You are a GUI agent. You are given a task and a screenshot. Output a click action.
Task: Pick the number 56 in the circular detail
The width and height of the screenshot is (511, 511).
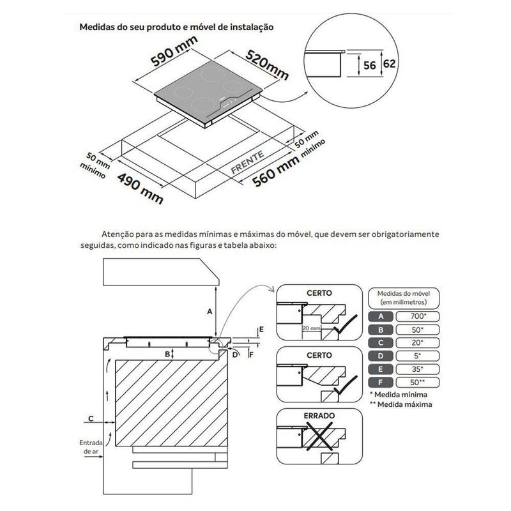coord(368,64)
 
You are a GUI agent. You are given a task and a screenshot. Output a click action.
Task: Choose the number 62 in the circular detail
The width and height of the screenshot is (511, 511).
coord(388,64)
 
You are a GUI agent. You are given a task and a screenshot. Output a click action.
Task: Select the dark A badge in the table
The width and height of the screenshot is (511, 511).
coord(381,316)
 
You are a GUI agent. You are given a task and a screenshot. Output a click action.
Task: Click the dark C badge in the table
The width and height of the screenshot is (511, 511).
coord(381,342)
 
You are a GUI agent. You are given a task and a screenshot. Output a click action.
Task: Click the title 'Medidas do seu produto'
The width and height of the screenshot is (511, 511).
coord(177,27)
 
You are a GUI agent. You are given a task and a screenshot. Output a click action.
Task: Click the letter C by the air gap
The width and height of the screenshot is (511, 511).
coord(91,418)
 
